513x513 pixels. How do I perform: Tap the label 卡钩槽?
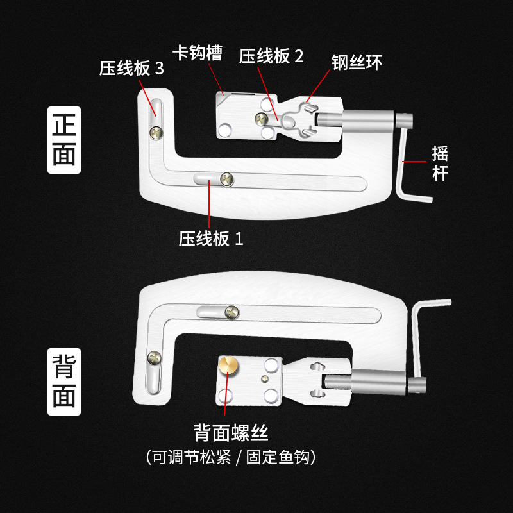(198, 53)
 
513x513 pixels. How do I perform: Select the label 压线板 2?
(271, 56)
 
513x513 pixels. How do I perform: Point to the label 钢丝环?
(357, 62)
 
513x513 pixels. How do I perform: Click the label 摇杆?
(440, 164)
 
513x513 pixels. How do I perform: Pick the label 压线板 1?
(211, 239)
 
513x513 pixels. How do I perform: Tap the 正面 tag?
(64, 140)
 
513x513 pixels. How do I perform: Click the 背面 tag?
(64, 382)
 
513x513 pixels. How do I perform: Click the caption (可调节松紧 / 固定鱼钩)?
(230, 457)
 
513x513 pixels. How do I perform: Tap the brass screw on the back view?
(228, 367)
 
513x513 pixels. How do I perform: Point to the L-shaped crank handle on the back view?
(423, 340)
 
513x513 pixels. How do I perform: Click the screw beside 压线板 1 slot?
(226, 179)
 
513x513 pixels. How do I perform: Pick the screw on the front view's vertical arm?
(156, 131)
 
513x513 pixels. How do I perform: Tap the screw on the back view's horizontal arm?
(231, 312)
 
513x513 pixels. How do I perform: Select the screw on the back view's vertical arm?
(153, 357)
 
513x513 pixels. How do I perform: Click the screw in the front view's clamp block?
(261, 117)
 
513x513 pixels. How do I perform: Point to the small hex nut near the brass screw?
(264, 380)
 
